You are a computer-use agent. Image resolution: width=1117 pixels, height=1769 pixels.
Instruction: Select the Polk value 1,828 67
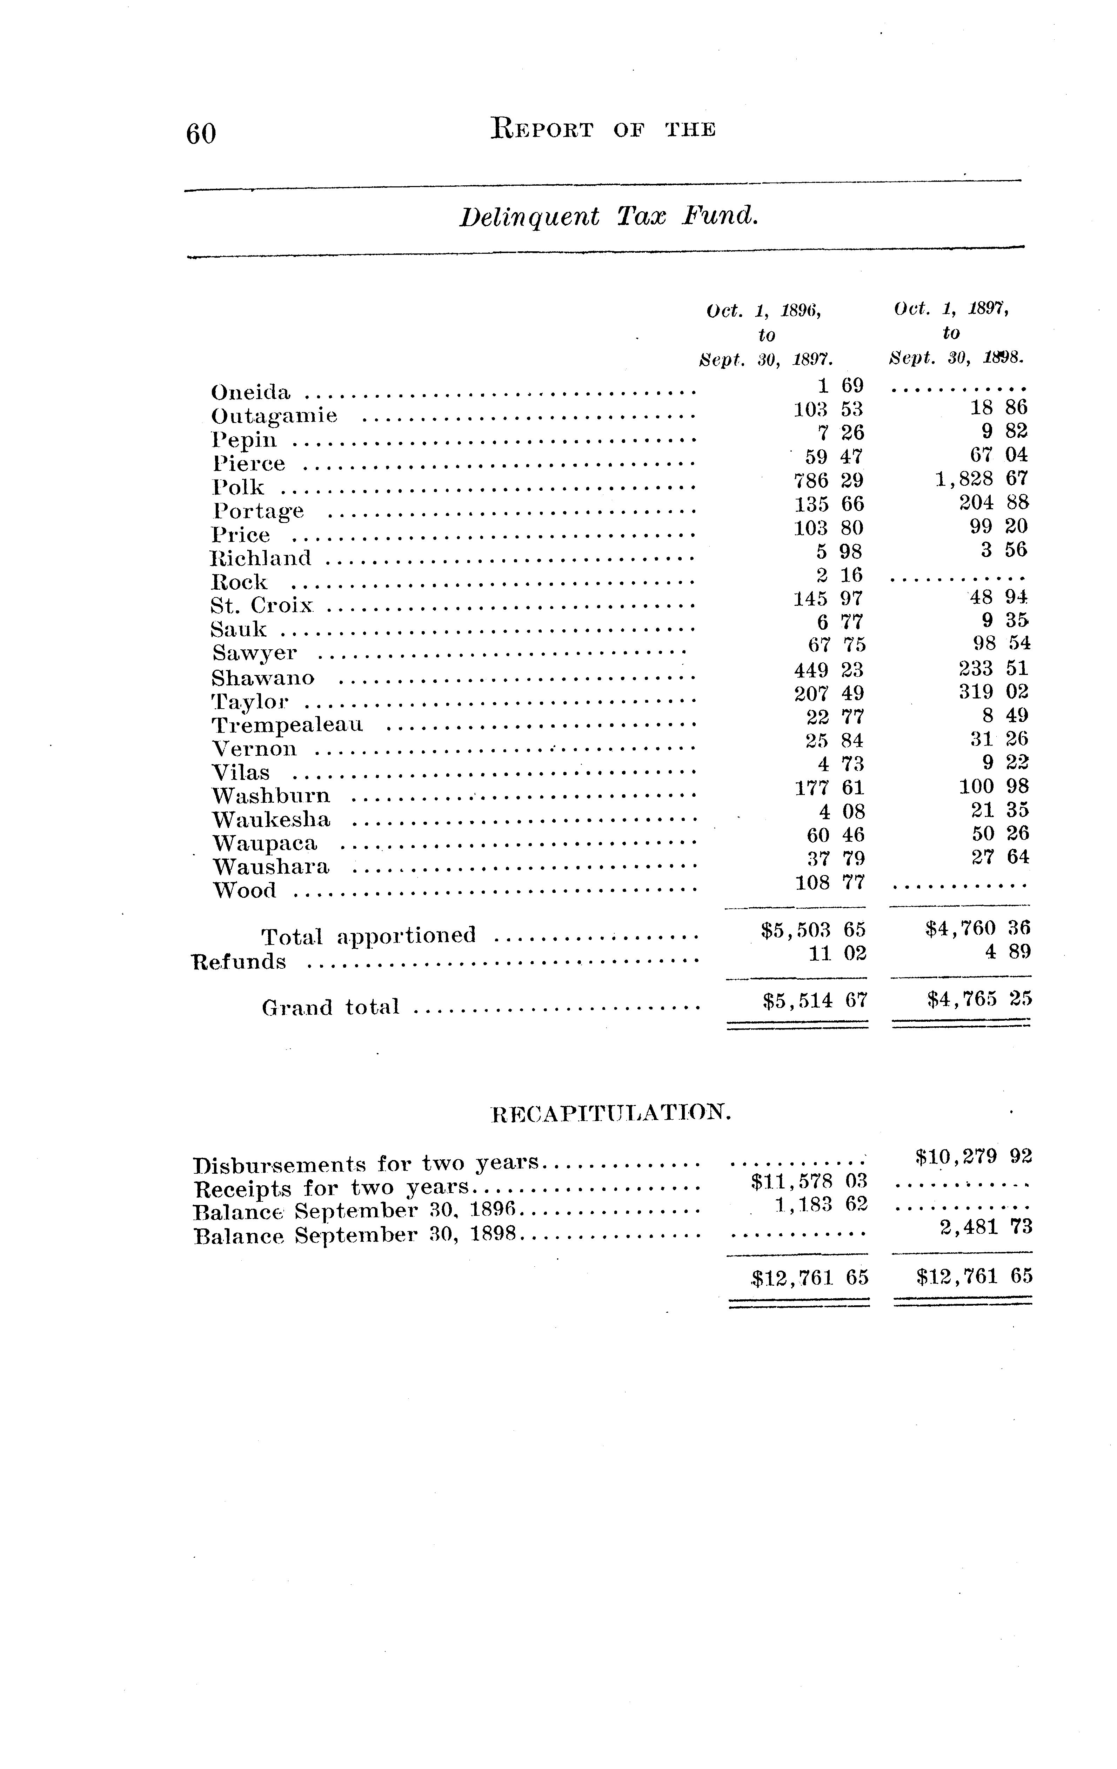[x=981, y=478]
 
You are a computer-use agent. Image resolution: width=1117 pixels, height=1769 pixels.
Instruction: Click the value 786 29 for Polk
[x=828, y=481]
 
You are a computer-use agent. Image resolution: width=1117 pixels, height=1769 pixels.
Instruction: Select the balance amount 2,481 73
[x=985, y=1227]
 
